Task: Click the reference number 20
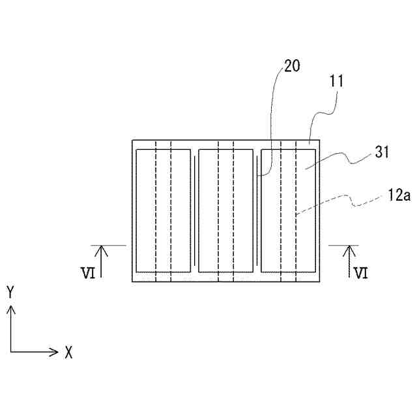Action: [292, 66]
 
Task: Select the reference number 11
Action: [336, 82]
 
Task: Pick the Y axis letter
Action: [10, 291]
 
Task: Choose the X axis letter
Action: [68, 353]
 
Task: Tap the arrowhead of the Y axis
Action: [10, 308]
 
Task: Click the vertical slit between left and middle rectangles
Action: [195, 215]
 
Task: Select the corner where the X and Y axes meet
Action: [10, 352]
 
